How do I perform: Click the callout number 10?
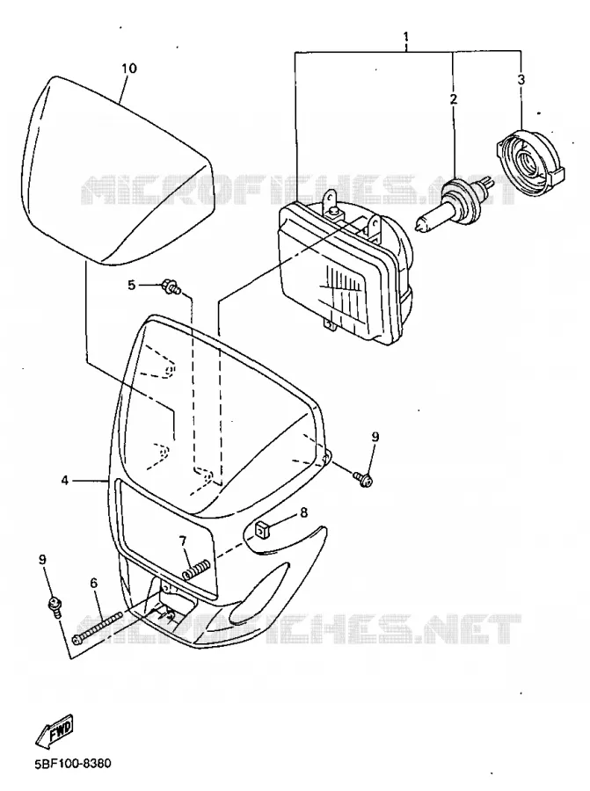point(129,68)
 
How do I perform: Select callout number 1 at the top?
point(405,37)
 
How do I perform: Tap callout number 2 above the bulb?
point(453,98)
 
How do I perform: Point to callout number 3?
point(521,79)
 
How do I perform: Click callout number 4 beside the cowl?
point(64,480)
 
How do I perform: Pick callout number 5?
point(132,286)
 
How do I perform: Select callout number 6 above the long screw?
point(93,584)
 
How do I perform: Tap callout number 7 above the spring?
point(183,541)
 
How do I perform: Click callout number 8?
point(303,512)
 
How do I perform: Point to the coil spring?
point(195,570)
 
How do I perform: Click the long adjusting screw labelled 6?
point(98,627)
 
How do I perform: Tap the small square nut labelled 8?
point(261,530)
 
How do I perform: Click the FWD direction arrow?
point(54,730)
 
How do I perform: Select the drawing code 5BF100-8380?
point(73,762)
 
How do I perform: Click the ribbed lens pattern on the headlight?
point(344,295)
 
